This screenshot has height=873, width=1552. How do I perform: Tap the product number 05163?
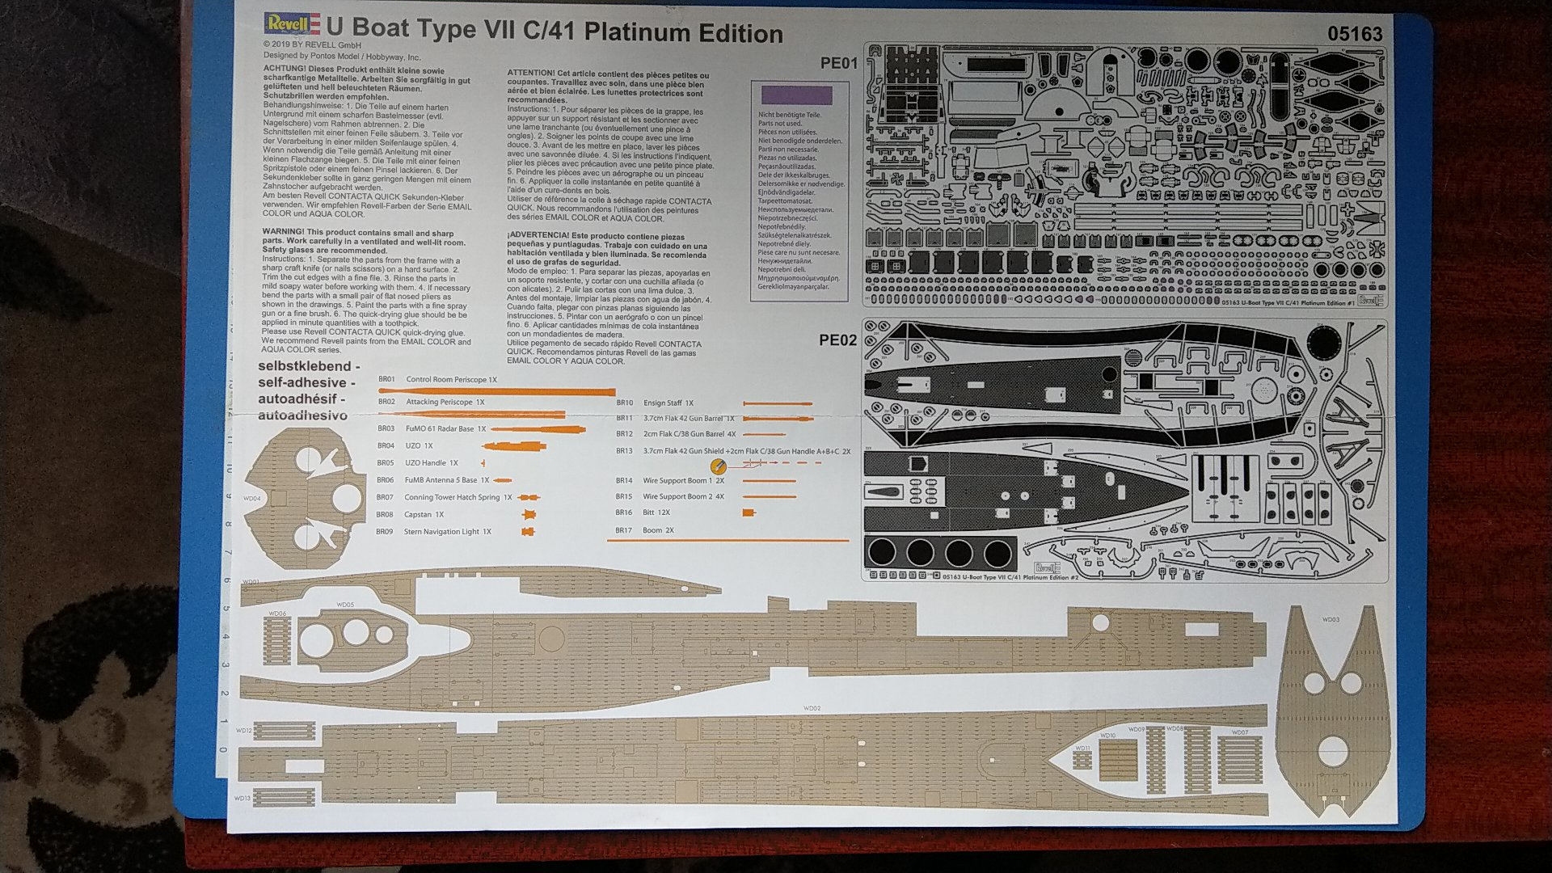1355,34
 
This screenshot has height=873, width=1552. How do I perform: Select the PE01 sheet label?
838,63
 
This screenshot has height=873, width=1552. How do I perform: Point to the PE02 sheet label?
837,339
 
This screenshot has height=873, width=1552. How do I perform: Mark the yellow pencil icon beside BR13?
716,466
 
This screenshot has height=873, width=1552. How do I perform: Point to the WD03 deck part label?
1331,619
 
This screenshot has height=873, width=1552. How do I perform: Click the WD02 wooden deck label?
812,708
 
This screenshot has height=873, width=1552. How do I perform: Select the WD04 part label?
251,499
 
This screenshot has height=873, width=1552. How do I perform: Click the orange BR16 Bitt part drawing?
749,512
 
